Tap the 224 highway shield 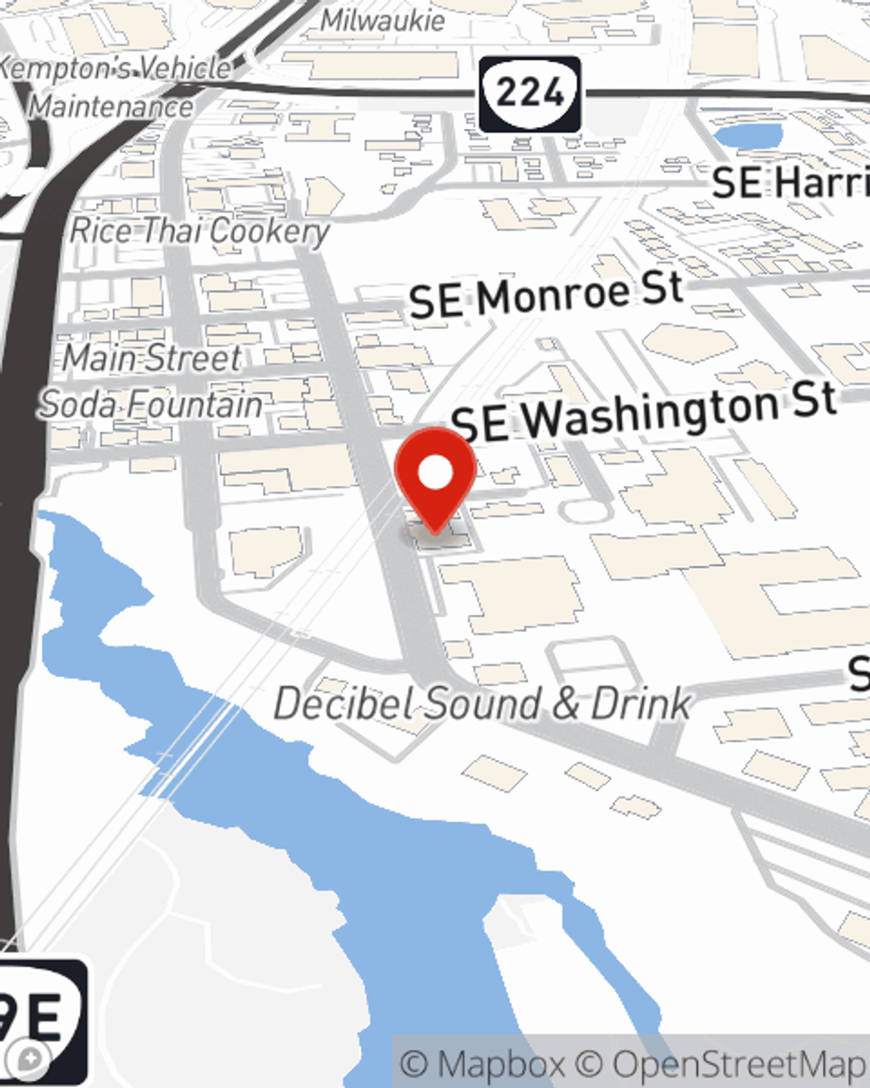529,94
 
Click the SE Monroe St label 545,295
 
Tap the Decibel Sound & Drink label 483,704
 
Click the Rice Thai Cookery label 199,232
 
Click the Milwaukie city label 383,20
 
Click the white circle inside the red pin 435,473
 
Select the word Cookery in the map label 270,232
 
